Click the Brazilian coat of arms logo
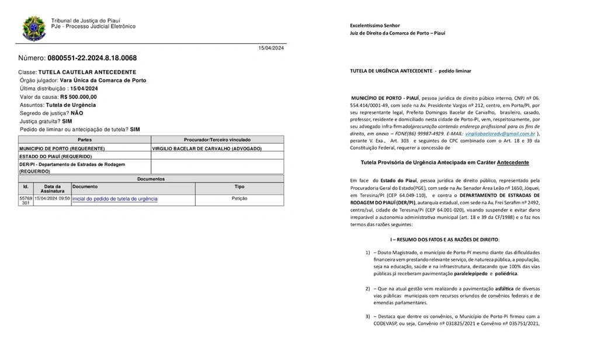33,28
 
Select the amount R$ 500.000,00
79,97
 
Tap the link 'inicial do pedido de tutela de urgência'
114,199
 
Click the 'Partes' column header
85,140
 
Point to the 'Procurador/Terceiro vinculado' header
217,140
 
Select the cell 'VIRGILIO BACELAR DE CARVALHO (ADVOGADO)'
207,148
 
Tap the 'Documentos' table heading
151,179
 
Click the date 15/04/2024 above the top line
271,48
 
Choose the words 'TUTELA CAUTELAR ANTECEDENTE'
87,72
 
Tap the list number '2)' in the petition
368,289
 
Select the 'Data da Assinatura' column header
53,188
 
